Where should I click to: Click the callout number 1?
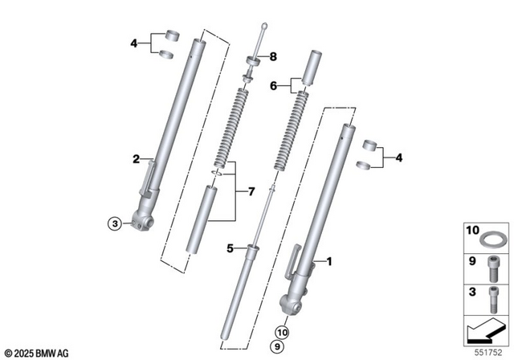click(x=328, y=262)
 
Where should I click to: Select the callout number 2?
click(x=137, y=158)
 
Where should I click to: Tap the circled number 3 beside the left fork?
click(x=115, y=223)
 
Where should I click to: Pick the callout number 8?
click(x=272, y=56)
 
